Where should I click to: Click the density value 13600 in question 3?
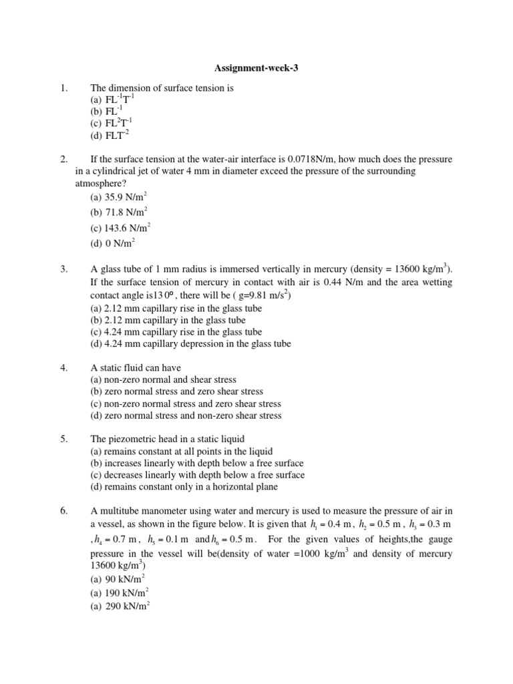[401, 270]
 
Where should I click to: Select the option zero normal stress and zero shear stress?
[176, 391]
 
